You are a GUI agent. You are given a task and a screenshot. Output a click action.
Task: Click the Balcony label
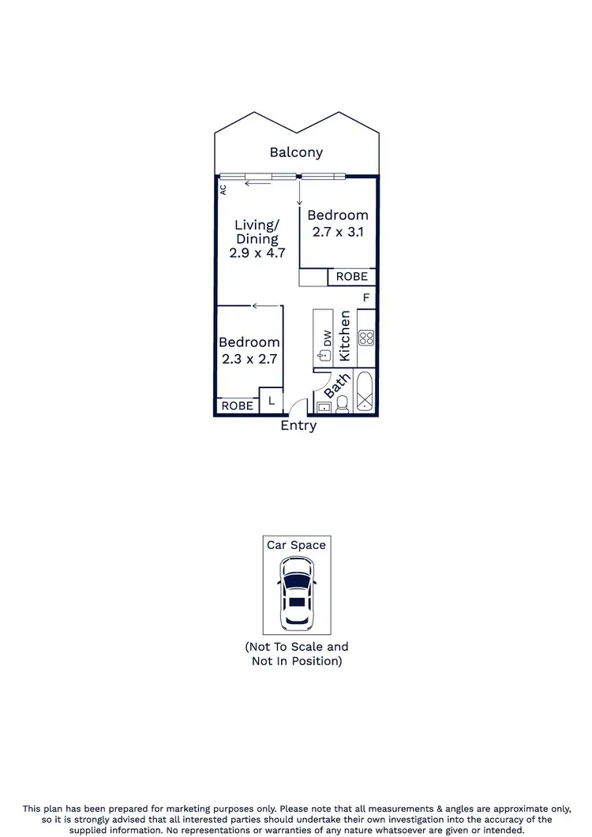pyautogui.click(x=296, y=152)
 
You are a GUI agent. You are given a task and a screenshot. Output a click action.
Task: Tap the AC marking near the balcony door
pyautogui.click(x=223, y=189)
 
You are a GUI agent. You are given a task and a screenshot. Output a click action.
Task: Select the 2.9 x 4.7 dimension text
pyautogui.click(x=257, y=253)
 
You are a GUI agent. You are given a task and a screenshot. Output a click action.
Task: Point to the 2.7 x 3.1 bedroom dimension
pyautogui.click(x=338, y=232)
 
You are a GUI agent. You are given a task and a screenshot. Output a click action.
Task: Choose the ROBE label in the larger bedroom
pyautogui.click(x=351, y=277)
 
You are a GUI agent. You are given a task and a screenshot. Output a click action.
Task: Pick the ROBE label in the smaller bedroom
pyautogui.click(x=237, y=405)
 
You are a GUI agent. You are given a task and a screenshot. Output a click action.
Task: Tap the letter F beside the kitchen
pyautogui.click(x=365, y=298)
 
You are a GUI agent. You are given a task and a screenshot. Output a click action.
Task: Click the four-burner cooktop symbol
pyautogui.click(x=365, y=338)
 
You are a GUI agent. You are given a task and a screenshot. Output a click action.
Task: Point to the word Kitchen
pyautogui.click(x=344, y=336)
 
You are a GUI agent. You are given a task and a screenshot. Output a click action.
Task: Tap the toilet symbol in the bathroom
pyautogui.click(x=342, y=405)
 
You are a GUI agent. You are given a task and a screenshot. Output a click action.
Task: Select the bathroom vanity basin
pyautogui.click(x=324, y=407)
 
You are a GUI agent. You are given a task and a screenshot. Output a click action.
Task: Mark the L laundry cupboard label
pyautogui.click(x=271, y=401)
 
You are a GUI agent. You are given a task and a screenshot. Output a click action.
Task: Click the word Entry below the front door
pyautogui.click(x=298, y=426)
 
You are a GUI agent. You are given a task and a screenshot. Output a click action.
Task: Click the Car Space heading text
pyautogui.click(x=296, y=545)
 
